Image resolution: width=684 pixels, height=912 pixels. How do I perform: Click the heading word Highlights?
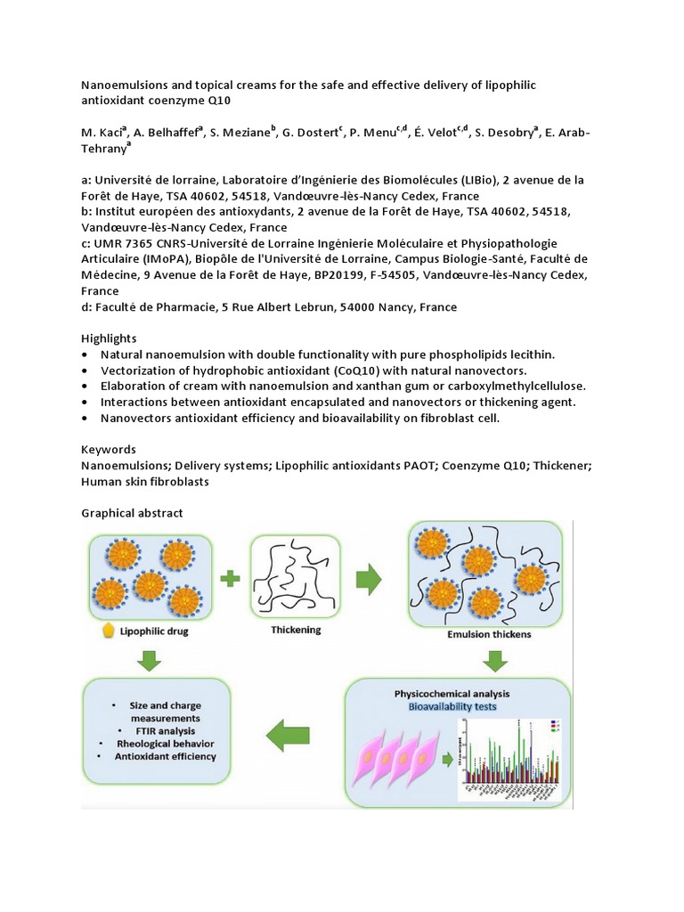tap(109, 338)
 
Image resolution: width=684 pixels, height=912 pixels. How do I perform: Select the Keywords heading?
tap(109, 450)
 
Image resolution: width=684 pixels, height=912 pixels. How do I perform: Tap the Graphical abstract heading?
tap(132, 513)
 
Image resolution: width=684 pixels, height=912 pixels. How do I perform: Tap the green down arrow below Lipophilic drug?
tap(149, 660)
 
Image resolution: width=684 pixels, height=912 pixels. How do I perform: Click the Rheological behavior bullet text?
tap(165, 743)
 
